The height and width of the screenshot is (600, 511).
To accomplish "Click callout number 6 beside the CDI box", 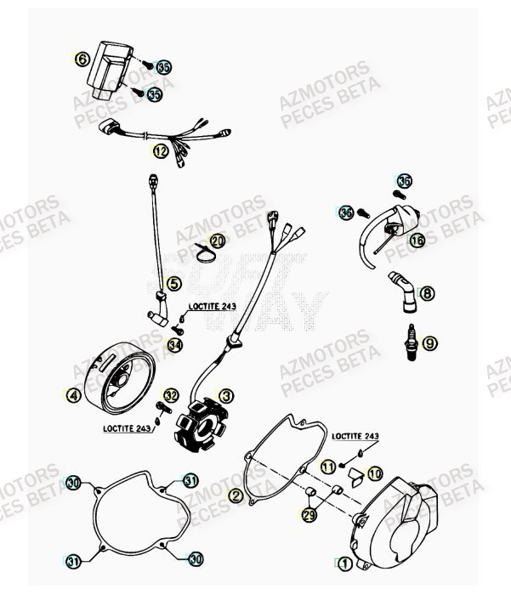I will (82, 59).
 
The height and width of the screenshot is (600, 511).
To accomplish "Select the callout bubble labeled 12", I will (161, 151).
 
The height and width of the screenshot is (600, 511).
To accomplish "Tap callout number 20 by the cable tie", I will (218, 241).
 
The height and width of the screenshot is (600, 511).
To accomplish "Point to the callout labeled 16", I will (417, 241).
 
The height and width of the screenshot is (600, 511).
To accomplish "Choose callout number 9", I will (429, 342).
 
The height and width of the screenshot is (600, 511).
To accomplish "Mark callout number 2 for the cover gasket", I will (236, 495).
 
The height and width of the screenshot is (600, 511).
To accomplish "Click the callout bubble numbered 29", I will (309, 515).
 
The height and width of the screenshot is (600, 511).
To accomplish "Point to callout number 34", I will (174, 345).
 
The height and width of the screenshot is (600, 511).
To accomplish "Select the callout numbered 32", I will (171, 395).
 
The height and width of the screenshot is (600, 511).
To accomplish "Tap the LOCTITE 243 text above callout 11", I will (355, 435).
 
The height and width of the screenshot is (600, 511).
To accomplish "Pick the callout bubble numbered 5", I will (173, 284).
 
